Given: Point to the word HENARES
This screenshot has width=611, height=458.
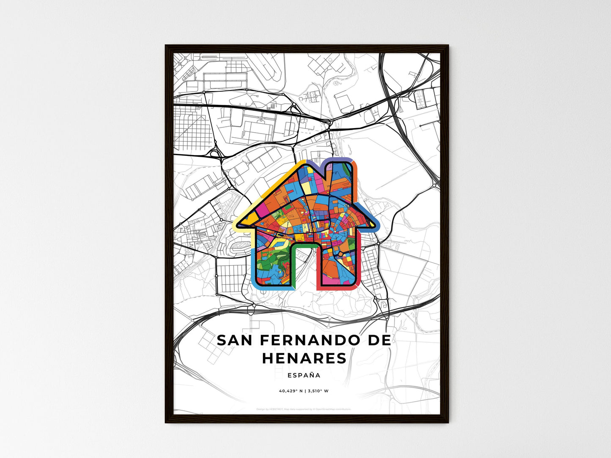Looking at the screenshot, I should (304, 359).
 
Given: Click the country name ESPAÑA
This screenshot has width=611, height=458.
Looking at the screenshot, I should (304, 375).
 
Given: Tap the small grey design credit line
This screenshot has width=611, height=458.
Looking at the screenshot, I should (304, 409).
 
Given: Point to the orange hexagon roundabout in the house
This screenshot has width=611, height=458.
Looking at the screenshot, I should (340, 254).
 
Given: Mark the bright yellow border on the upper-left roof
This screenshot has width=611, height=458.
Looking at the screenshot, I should (271, 184).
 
